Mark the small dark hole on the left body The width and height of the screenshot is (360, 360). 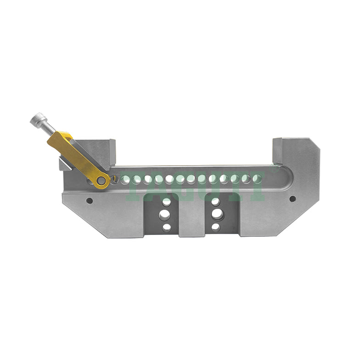coord(90,200)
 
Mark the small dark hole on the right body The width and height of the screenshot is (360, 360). coord(293,199)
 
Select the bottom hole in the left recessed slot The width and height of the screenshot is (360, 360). coord(166,227)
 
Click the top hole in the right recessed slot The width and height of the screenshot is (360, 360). coord(216,202)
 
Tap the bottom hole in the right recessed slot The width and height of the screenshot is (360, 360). coord(216,227)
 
